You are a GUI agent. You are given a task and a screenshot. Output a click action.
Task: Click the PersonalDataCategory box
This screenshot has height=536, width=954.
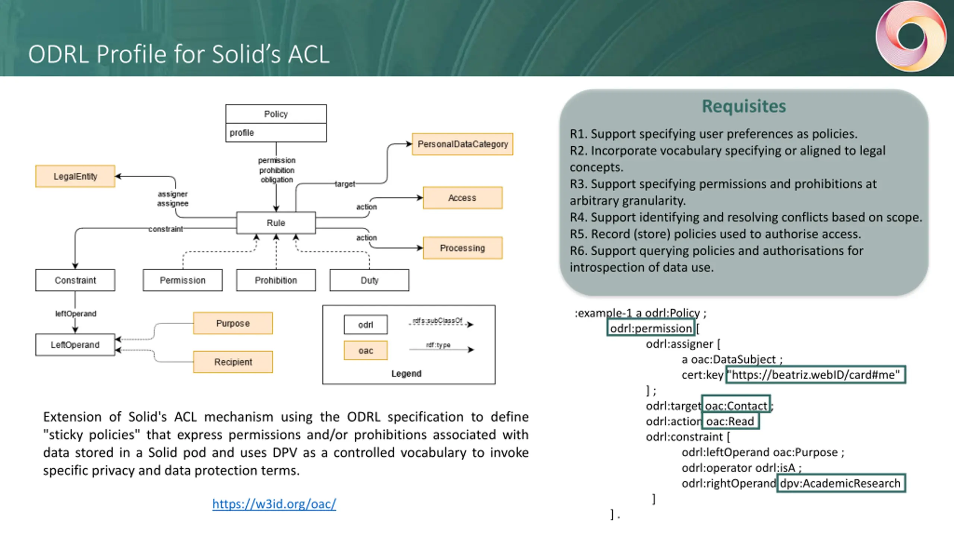click(x=462, y=144)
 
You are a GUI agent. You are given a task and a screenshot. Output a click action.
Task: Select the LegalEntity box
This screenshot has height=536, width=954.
click(x=75, y=176)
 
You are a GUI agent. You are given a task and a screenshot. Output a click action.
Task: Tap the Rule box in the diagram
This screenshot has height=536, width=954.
click(x=276, y=223)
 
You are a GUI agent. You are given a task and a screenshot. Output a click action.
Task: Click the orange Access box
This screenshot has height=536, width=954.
click(x=462, y=198)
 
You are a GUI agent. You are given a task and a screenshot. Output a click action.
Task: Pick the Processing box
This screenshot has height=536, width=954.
click(x=462, y=248)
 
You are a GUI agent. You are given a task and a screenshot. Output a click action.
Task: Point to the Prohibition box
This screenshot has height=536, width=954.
click(x=276, y=280)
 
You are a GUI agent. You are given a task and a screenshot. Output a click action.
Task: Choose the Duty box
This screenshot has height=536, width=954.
click(x=369, y=280)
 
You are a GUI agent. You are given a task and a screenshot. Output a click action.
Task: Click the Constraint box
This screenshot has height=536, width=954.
click(x=75, y=280)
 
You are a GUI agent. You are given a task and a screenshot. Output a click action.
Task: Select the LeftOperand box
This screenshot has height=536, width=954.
click(x=75, y=345)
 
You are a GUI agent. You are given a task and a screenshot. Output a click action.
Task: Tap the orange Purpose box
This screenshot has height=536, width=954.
click(x=233, y=323)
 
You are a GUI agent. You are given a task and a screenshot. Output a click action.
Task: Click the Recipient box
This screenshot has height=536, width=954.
click(x=233, y=362)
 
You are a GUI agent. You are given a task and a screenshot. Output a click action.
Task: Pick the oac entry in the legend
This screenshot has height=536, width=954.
click(x=366, y=350)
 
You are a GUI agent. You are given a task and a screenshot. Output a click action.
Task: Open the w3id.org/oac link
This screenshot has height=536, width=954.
click(x=274, y=504)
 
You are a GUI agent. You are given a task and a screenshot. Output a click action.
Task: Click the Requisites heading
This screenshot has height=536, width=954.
click(x=744, y=106)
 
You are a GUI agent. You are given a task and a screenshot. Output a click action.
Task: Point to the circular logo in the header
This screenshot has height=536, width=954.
click(x=911, y=36)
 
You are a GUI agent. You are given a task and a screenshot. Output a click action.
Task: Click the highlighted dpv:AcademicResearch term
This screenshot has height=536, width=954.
click(x=841, y=483)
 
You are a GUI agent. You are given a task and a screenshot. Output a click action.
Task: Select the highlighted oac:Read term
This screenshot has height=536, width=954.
click(x=730, y=421)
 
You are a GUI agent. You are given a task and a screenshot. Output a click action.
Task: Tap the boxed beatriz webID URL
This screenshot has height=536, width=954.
click(x=815, y=374)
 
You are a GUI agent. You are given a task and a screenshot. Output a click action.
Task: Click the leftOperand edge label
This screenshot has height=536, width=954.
click(x=76, y=314)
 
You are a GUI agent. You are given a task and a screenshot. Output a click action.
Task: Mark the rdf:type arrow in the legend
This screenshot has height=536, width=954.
click(x=442, y=350)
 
